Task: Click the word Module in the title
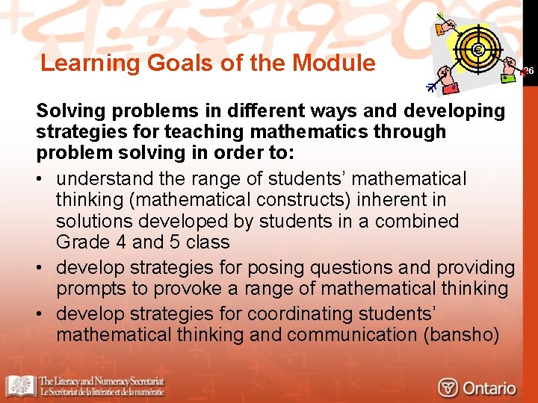pyautogui.click(x=334, y=63)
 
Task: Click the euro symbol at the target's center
pyautogui.click(x=477, y=51)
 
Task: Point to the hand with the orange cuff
pyautogui.click(x=448, y=28)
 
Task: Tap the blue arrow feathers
pyautogui.click(x=431, y=87)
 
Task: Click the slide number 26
pyautogui.click(x=528, y=71)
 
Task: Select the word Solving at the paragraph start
pyautogui.click(x=70, y=111)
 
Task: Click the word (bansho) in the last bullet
pyautogui.click(x=461, y=335)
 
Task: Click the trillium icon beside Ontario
pyautogui.click(x=448, y=387)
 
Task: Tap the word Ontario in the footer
pyautogui.click(x=489, y=387)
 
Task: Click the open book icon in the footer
pyautogui.click(x=19, y=385)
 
